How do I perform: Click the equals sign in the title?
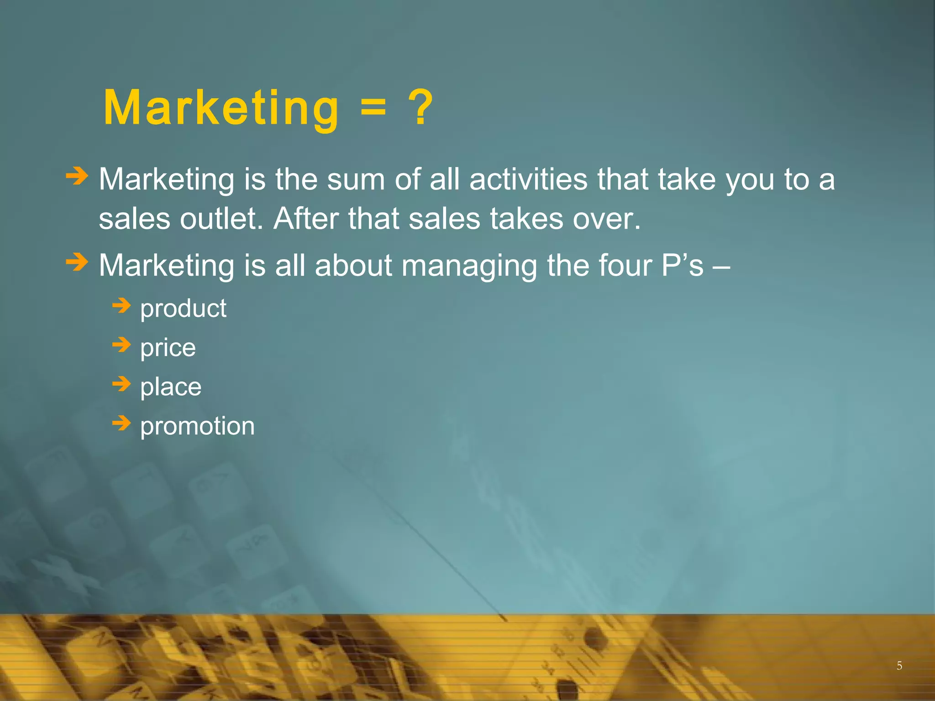point(373,110)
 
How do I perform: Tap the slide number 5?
point(899,666)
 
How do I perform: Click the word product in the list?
point(183,309)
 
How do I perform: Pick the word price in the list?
point(168,348)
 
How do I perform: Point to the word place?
point(170,387)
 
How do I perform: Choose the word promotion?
point(197,427)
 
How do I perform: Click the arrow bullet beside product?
point(121,305)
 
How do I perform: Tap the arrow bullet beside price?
point(121,345)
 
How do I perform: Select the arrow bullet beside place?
point(121,384)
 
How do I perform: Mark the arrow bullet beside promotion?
point(121,423)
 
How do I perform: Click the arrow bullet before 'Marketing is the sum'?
point(76,176)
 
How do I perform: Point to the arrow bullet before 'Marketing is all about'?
point(76,262)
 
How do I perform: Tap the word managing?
point(469,266)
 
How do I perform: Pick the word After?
point(306,219)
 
